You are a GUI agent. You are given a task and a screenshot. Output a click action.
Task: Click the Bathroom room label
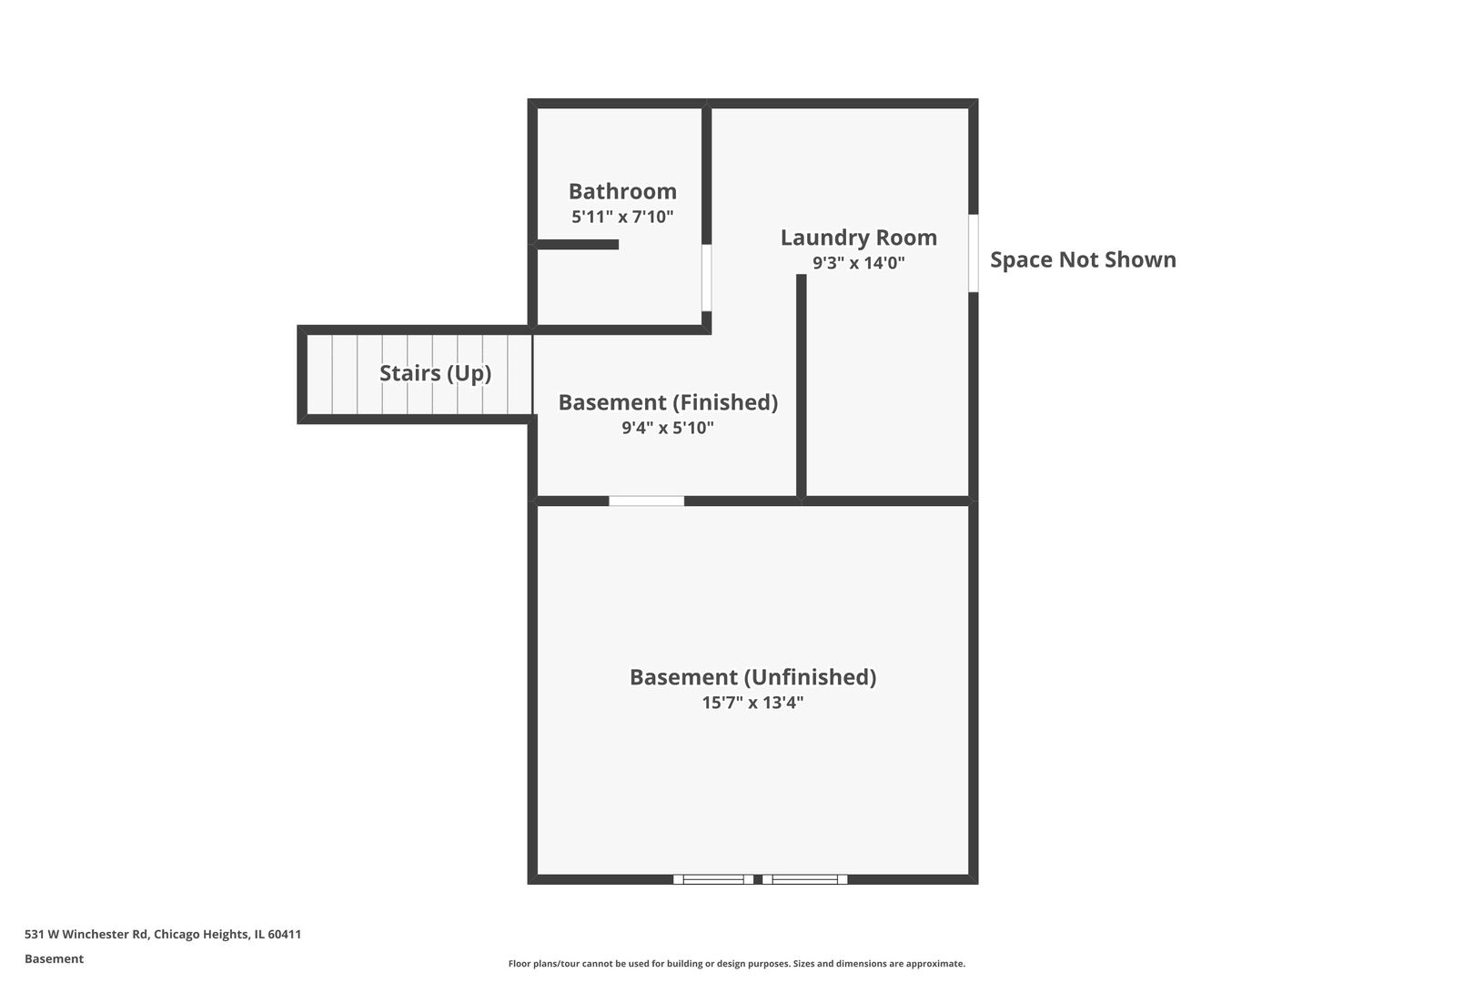point(622,192)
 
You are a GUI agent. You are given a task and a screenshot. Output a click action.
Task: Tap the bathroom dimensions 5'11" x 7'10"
point(622,217)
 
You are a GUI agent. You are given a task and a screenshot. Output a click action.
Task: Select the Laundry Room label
point(859,238)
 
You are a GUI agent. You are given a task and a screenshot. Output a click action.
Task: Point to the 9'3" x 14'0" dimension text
point(859,263)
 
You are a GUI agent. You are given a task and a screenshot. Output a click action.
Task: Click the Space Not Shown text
point(1083,260)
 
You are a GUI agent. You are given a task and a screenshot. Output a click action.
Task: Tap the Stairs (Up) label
point(436,373)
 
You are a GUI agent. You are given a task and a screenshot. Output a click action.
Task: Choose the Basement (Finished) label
point(668,402)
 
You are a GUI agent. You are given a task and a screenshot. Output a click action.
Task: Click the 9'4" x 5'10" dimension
point(668,428)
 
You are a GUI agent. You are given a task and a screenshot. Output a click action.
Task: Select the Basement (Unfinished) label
point(752,677)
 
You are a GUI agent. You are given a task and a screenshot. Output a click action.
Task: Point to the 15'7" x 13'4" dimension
point(752,703)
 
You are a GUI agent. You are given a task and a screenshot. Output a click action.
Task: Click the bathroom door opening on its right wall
point(706,278)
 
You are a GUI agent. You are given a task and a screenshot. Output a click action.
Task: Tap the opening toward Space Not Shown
point(974,253)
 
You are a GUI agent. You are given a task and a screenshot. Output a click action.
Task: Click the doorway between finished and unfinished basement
point(646,501)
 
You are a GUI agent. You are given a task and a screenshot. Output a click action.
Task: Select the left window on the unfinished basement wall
point(713,879)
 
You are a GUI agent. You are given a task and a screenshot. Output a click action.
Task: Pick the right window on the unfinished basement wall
point(804,879)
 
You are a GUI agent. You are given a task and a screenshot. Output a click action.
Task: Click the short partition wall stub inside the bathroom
point(578,244)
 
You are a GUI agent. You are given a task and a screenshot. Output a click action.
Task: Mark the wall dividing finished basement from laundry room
point(802,386)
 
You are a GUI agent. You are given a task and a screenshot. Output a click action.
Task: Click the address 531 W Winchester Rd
point(86,934)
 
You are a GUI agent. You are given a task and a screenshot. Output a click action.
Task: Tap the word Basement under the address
point(54,958)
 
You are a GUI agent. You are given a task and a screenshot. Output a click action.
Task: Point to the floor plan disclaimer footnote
point(736,963)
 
